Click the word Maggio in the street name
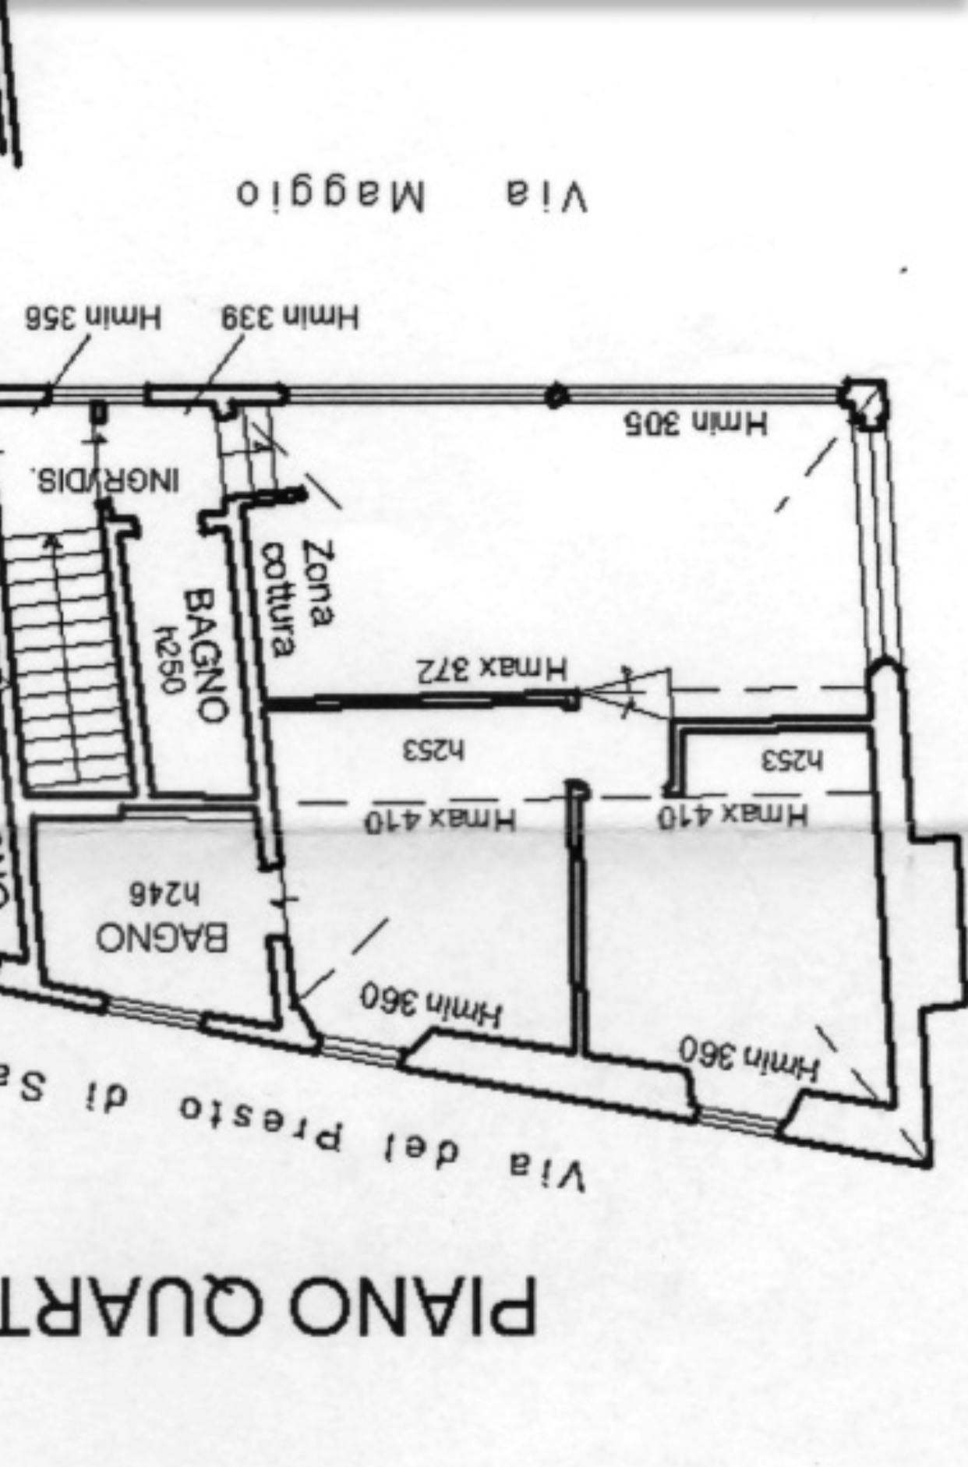330,195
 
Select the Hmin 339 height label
290,317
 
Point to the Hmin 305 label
695,423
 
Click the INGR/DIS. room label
105,478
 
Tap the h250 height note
169,658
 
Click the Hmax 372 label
493,670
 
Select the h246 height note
164,893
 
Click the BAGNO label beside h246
162,936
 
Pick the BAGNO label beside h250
207,655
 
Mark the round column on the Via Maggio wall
556,396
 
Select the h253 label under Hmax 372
433,751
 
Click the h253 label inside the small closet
792,760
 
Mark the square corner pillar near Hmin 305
864,402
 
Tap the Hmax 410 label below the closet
733,815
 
